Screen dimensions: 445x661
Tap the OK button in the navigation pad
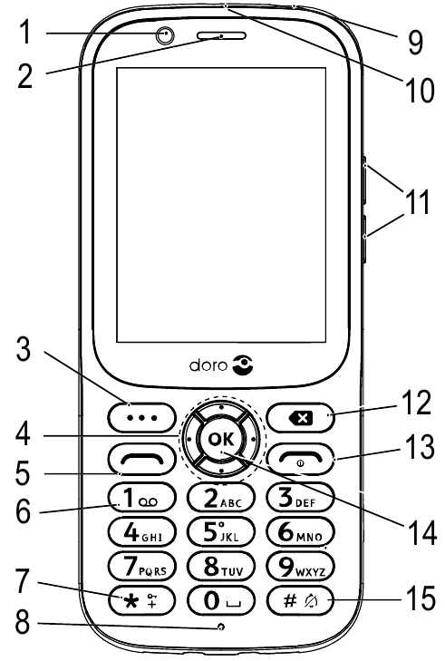221,439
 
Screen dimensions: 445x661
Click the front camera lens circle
166,35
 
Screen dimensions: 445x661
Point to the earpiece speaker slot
221,35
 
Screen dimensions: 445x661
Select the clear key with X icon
301,418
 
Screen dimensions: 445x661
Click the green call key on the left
142,459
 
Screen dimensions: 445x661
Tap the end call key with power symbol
301,459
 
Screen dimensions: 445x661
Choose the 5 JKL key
221,531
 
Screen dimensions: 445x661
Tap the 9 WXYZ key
301,566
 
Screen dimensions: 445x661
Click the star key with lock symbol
142,600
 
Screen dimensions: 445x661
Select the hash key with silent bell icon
301,600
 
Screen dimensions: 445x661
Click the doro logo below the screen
222,365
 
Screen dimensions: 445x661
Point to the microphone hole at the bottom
221,627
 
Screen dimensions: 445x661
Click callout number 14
421,532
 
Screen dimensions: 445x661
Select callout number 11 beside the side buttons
417,201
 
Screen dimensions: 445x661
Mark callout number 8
24,622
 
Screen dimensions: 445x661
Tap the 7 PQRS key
142,566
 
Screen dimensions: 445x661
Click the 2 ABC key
221,498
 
